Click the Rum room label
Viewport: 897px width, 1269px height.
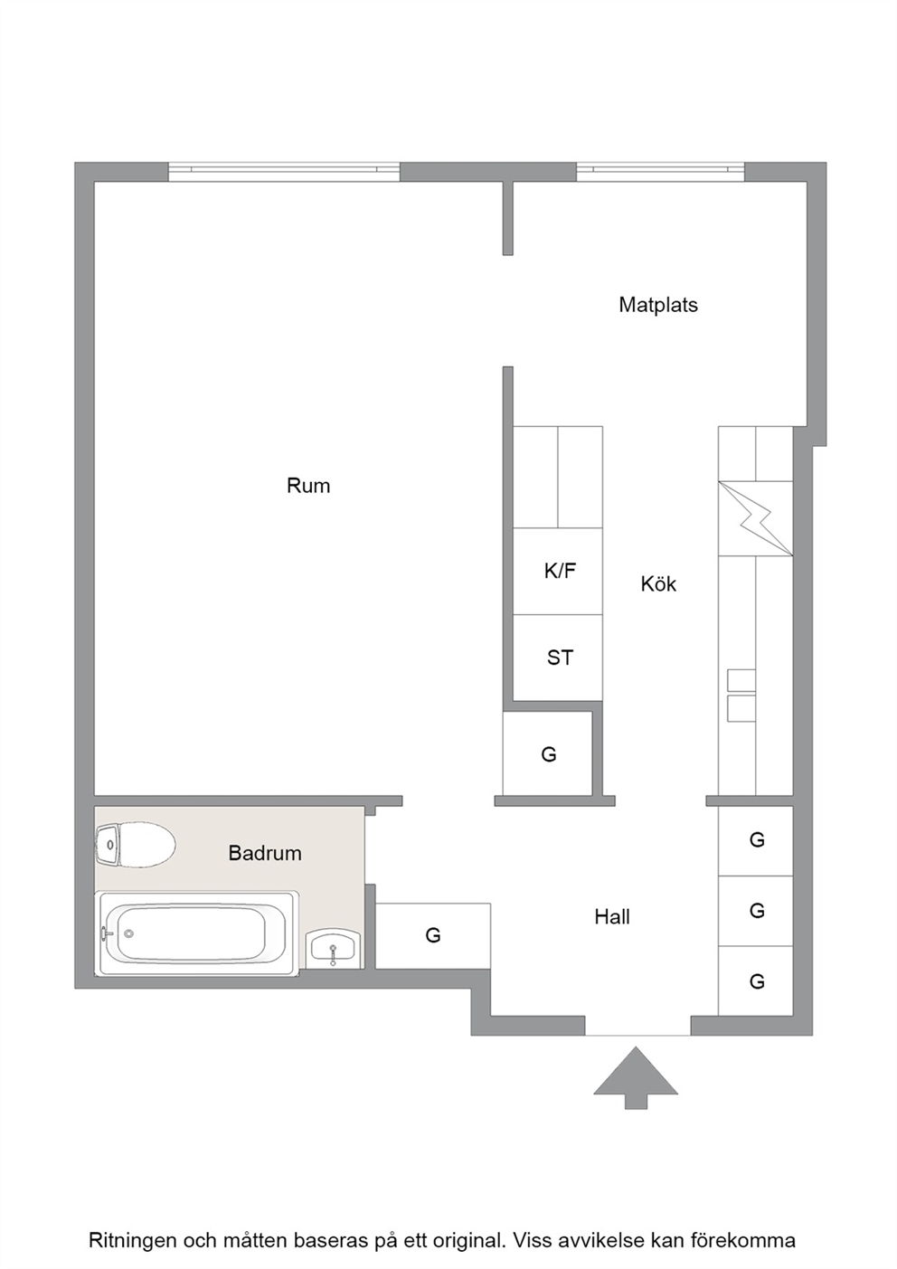[308, 486]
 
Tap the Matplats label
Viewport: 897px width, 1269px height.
[658, 305]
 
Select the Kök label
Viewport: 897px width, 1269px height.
[658, 583]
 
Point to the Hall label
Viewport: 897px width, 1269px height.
[611, 916]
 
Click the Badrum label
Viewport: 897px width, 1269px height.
[264, 853]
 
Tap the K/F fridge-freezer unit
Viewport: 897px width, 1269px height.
[557, 571]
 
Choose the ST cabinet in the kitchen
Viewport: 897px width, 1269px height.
[557, 658]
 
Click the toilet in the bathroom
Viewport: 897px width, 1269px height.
[135, 845]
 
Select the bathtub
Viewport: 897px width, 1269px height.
[196, 933]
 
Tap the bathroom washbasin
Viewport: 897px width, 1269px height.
[333, 948]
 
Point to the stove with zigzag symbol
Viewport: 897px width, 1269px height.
[755, 518]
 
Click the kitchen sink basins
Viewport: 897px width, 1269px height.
[741, 696]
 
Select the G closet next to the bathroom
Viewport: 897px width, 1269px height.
[432, 936]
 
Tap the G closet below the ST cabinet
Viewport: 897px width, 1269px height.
[548, 754]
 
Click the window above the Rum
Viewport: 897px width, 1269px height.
[284, 172]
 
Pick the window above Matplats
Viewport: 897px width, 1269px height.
[660, 172]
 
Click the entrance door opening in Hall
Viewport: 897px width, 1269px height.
[637, 1026]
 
